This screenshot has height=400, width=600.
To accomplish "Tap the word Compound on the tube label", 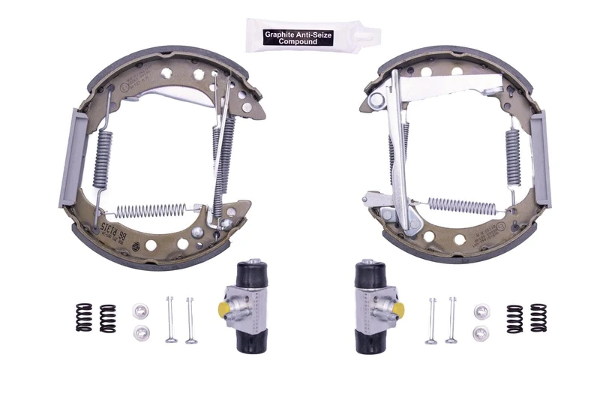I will pos(298,42).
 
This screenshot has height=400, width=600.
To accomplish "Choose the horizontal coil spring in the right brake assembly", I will pos(459,204).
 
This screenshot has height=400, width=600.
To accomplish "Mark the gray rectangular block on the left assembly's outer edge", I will pos(67,158).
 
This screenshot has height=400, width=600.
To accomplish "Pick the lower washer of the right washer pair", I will pos(480,332).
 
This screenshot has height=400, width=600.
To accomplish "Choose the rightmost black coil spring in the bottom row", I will pos(538,318).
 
